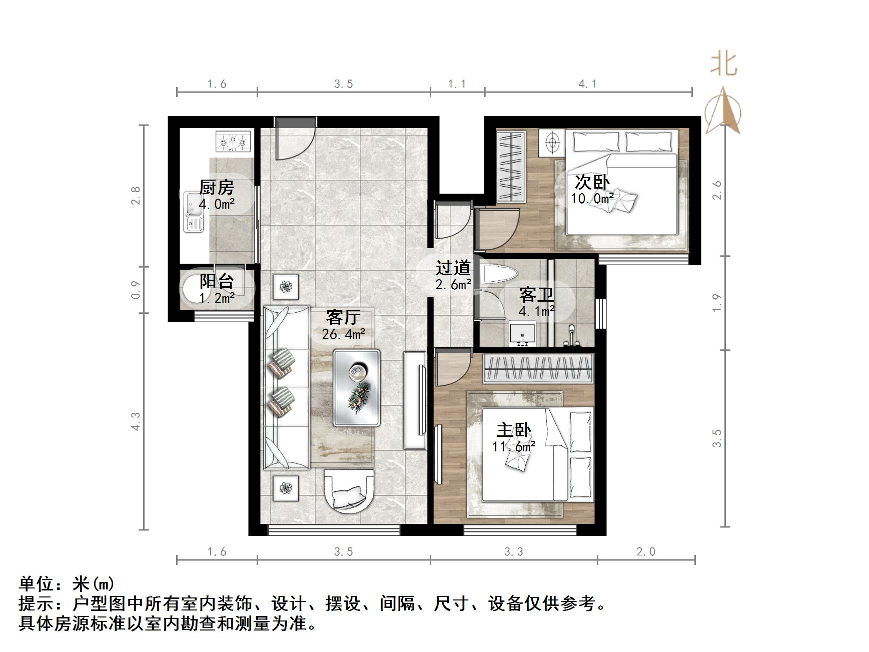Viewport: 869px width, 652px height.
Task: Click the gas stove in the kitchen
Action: click(x=232, y=141)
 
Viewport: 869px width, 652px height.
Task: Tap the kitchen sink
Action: click(x=193, y=212)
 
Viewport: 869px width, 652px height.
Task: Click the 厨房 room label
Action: click(x=216, y=188)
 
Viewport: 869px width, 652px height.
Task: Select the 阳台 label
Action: click(x=217, y=281)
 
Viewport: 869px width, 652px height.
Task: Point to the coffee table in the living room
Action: click(x=357, y=388)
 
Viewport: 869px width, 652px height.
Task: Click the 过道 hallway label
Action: click(x=453, y=268)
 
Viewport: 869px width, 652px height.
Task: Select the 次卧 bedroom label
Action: click(x=592, y=182)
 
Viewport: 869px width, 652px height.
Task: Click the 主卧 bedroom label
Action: click(x=513, y=430)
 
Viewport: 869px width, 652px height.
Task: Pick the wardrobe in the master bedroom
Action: click(x=538, y=368)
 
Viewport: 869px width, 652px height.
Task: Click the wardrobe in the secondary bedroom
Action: click(x=510, y=167)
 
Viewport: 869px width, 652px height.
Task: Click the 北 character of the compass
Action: click(x=724, y=65)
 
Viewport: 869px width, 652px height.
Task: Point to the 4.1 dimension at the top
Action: click(x=588, y=84)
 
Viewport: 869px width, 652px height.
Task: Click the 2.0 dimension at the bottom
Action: click(x=645, y=552)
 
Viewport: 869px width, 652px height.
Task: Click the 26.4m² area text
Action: click(x=343, y=334)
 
